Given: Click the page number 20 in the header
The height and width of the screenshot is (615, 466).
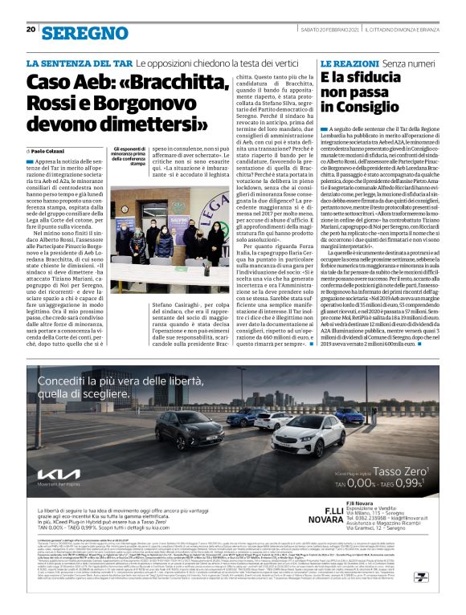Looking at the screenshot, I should [x=31, y=8].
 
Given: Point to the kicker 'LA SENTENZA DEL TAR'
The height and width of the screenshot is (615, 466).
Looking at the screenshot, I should [x=79, y=62].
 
